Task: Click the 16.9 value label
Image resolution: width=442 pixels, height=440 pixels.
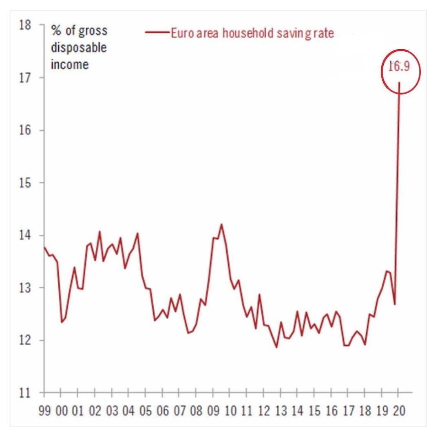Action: click(400, 66)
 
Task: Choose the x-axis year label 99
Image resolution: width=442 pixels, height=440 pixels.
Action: click(44, 411)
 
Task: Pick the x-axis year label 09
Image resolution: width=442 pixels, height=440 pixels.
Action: click(213, 411)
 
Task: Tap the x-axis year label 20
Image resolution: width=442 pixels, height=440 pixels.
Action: click(399, 411)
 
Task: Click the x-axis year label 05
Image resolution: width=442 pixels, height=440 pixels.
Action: click(146, 411)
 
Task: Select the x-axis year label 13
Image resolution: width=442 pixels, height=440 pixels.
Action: click(281, 411)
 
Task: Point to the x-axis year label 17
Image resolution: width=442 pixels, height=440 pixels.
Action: click(348, 411)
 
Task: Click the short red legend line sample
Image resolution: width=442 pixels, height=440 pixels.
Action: click(157, 33)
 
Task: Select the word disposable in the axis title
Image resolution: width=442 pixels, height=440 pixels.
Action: click(79, 48)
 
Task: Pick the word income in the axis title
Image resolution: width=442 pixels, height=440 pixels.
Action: click(70, 64)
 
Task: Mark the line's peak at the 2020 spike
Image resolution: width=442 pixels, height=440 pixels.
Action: click(399, 83)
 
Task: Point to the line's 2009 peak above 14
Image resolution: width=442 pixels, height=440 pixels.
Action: click(221, 224)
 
